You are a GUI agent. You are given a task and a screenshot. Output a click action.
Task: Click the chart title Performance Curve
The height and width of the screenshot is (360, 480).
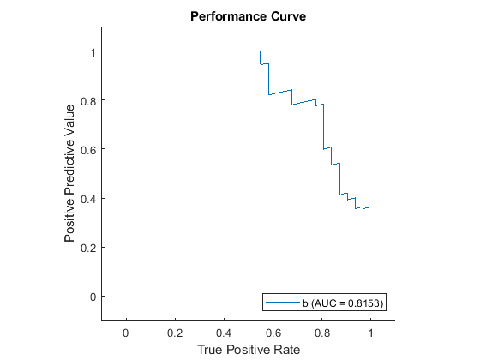click(249, 16)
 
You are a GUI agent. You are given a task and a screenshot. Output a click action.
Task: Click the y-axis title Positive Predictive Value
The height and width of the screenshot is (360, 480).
click(70, 174)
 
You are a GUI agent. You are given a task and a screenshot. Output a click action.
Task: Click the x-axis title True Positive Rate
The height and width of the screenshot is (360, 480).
click(249, 350)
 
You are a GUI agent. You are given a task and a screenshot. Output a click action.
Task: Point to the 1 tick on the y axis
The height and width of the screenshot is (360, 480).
click(92, 51)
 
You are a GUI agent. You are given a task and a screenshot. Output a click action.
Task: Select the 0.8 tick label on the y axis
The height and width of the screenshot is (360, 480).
click(88, 100)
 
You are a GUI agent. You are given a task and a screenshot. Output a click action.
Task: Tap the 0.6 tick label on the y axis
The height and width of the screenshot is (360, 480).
click(88, 149)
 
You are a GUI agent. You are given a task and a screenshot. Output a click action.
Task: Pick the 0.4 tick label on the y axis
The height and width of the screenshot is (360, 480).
click(88, 198)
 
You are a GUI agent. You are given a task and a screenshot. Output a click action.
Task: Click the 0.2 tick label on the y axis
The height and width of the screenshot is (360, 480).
click(88, 247)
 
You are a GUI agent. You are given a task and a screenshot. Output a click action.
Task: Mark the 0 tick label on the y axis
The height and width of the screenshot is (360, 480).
click(92, 296)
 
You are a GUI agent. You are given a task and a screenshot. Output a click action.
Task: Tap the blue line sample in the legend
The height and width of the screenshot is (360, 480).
click(281, 303)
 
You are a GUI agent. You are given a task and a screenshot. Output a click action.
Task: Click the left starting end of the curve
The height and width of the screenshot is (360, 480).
click(135, 51)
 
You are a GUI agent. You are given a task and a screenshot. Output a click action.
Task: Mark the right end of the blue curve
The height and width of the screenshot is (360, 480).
click(370, 207)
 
